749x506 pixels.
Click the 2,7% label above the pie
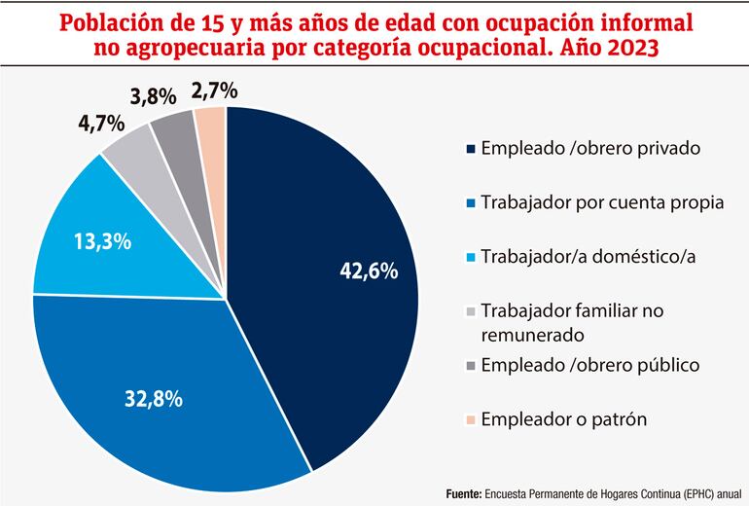pyautogui.click(x=214, y=91)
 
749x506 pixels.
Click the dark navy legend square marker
pyautogui.click(x=472, y=149)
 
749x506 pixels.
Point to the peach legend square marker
pyautogui.click(x=472, y=420)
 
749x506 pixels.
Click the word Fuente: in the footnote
pyautogui.click(x=463, y=492)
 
